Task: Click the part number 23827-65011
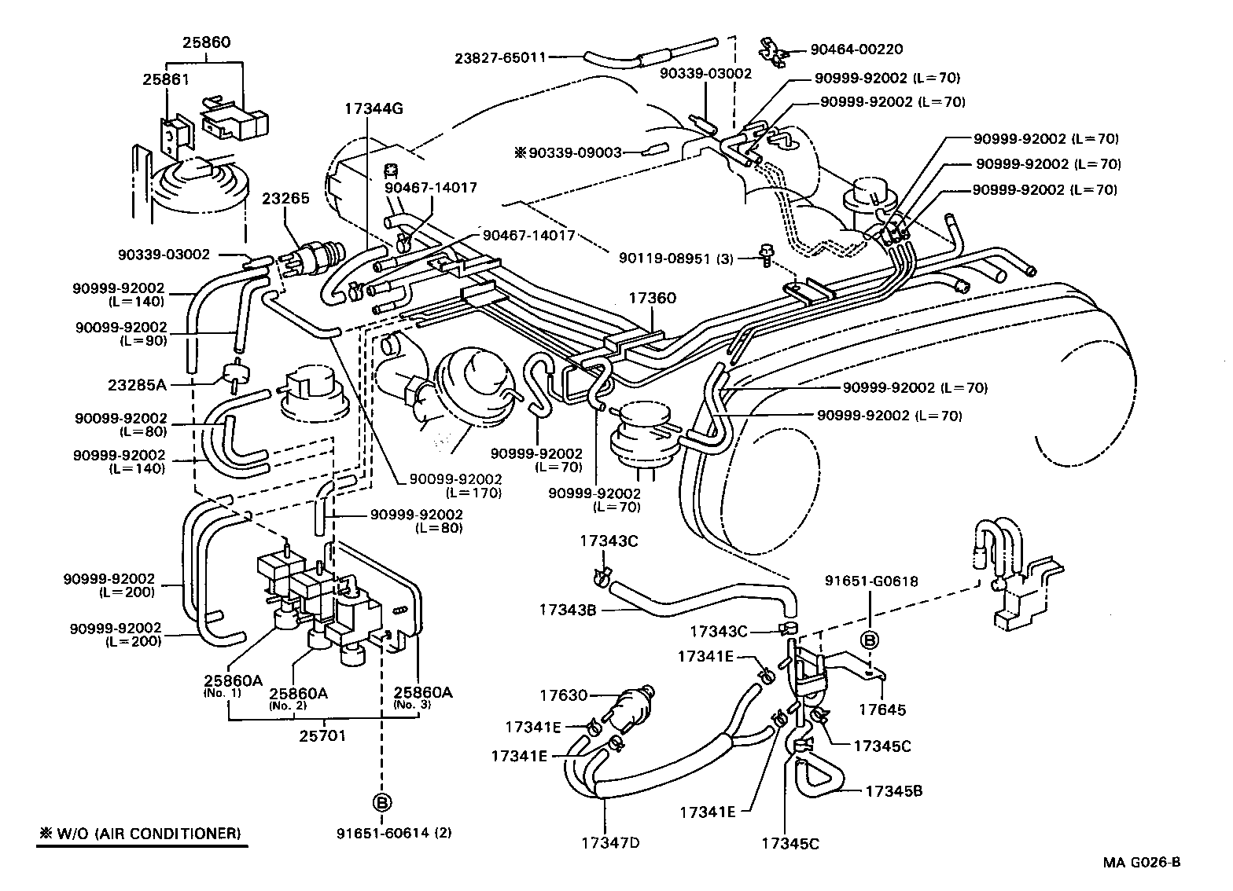[x=499, y=57]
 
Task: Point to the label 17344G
[x=373, y=109]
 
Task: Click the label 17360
[x=652, y=299]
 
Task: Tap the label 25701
[x=323, y=736]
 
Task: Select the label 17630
[x=564, y=695]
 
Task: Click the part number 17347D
[x=610, y=843]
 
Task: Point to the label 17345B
[x=893, y=790]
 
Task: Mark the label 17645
[x=882, y=709]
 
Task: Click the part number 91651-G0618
[x=871, y=581]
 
